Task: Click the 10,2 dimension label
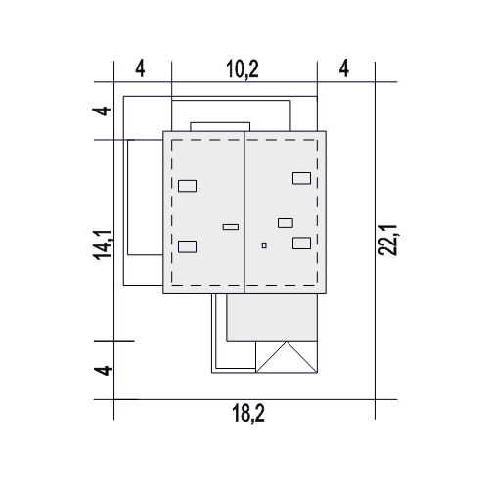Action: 243,69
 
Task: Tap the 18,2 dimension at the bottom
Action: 248,413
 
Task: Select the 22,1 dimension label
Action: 387,240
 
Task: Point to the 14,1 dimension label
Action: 103,244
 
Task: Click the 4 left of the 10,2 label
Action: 140,69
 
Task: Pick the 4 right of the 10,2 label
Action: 344,68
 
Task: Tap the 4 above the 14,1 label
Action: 102,111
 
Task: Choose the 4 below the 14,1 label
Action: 103,371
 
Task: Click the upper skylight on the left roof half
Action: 188,186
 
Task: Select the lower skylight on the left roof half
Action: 188,246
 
